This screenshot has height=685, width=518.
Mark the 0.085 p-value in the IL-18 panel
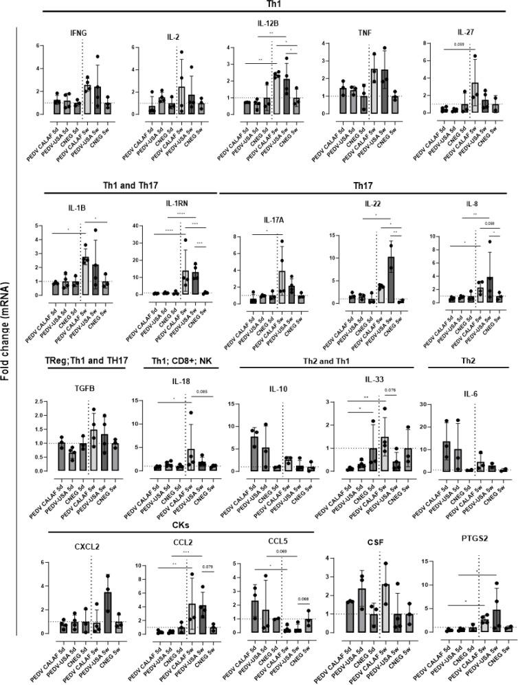coord(203,392)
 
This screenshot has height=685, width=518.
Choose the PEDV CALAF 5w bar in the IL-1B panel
coord(86,276)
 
